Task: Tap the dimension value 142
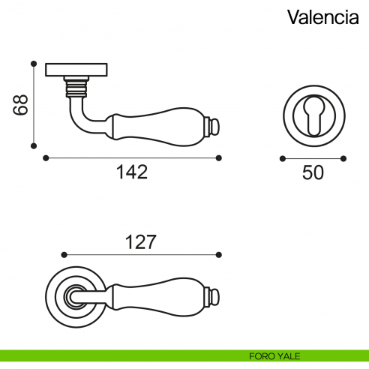pos(132,172)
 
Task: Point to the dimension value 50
pos(313,172)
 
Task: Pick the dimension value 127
pos(139,241)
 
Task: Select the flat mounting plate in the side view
pos(74,70)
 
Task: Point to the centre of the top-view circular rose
pos(73,295)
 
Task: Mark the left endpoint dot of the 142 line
pos(46,157)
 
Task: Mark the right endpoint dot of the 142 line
pos(219,157)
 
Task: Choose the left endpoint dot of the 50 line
pos(282,158)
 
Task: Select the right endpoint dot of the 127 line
pos(219,253)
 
